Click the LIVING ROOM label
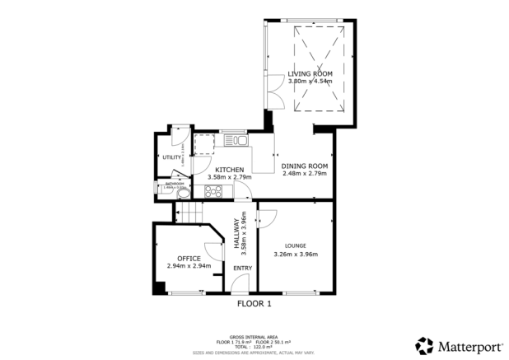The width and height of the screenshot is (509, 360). pyautogui.click(x=311, y=74)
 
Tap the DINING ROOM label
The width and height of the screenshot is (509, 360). pyautogui.click(x=305, y=166)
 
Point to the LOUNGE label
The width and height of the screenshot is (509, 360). pyautogui.click(x=296, y=245)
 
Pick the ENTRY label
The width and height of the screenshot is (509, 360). pyautogui.click(x=242, y=268)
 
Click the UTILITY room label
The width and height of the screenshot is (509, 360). pyautogui.click(x=171, y=157)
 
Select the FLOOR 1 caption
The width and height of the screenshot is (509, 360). pyautogui.click(x=254, y=303)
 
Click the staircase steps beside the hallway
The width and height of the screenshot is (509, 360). pyautogui.click(x=189, y=214)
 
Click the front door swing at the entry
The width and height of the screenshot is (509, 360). pyautogui.click(x=239, y=284)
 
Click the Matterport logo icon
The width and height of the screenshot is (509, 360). pyautogui.click(x=425, y=345)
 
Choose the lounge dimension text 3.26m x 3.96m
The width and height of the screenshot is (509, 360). pyautogui.click(x=296, y=255)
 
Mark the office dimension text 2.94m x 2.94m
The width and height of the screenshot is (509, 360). pyautogui.click(x=189, y=266)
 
